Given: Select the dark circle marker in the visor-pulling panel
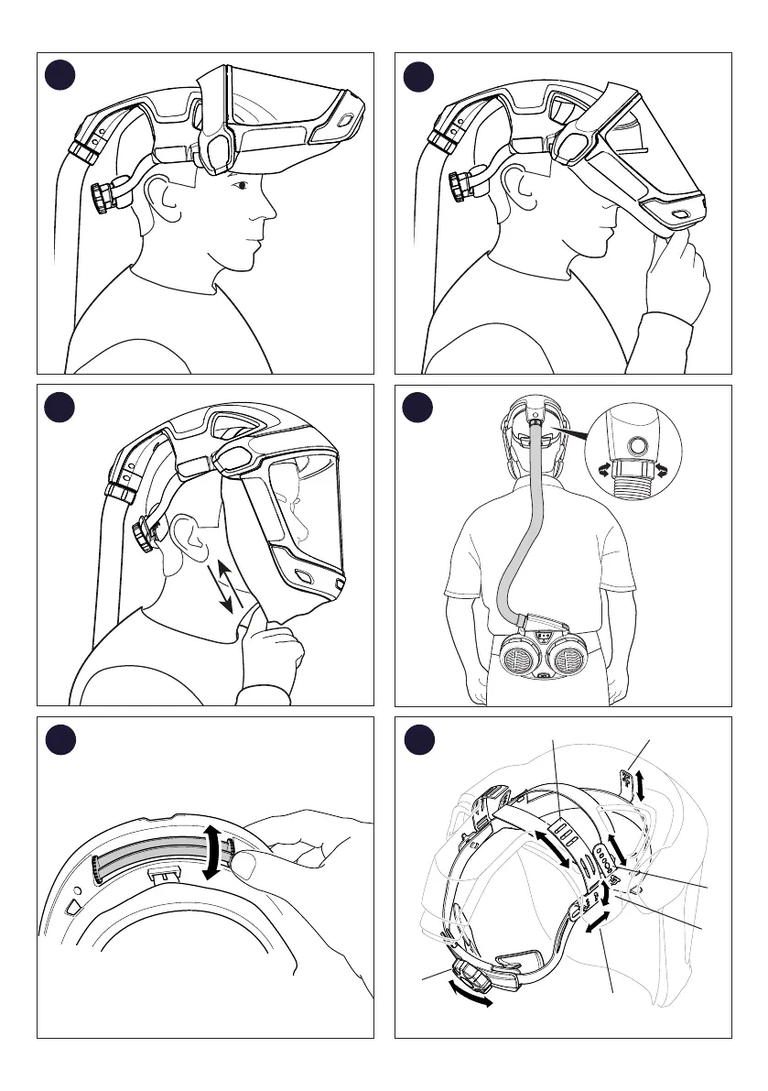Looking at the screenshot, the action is point(421,75).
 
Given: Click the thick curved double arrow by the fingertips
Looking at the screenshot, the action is point(212,851).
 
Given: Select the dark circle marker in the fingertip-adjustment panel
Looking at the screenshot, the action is point(63,739).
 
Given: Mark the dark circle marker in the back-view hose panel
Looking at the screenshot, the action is point(421,408).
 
